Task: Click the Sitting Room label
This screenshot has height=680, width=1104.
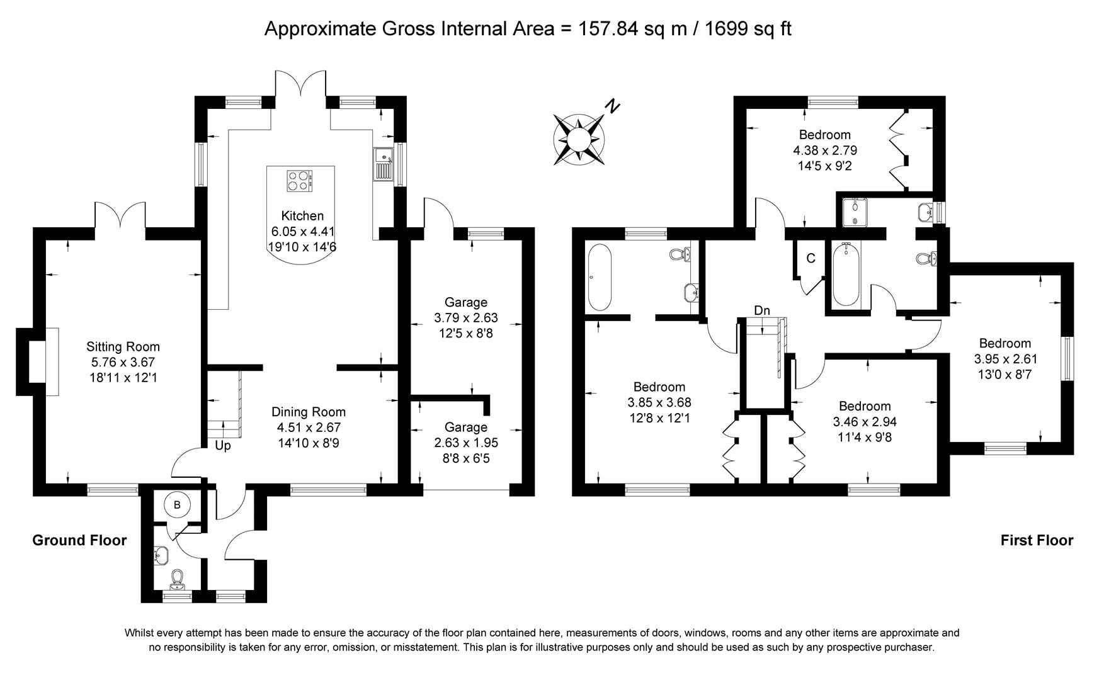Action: [123, 346]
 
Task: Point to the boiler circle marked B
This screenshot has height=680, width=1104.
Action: [177, 504]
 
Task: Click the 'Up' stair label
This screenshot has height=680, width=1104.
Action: [223, 446]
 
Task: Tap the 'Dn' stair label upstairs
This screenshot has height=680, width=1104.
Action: [762, 310]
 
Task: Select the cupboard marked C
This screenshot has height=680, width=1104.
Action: [811, 258]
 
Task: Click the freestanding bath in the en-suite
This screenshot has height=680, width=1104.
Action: [599, 278]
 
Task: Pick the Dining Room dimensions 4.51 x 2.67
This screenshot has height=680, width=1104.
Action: [309, 428]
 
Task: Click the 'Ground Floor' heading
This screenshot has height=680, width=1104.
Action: [79, 540]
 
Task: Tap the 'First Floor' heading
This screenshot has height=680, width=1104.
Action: [1037, 540]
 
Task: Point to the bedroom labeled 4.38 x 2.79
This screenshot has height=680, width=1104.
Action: [824, 150]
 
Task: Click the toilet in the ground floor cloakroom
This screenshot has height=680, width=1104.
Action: [177, 578]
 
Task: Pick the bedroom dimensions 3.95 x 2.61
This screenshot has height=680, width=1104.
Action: [1005, 359]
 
